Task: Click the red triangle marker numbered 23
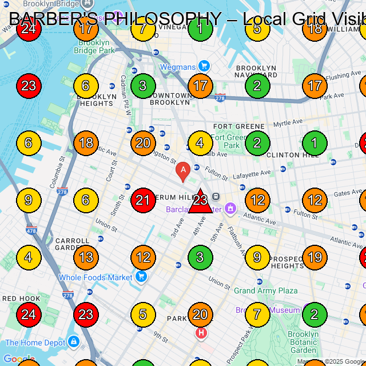[x=200, y=201]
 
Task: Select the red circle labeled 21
[x=143, y=200]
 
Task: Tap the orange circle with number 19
[x=315, y=257]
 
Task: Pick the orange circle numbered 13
[x=86, y=257]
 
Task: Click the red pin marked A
[x=182, y=171]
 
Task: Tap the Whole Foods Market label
[x=95, y=277]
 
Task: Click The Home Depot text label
[x=35, y=343]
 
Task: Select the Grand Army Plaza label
[x=266, y=291]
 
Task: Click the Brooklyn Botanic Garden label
[x=303, y=342]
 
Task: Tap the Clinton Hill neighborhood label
[x=291, y=155]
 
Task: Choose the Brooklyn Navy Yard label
[x=256, y=71]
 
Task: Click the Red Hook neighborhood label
[x=21, y=299]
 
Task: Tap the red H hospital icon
[x=201, y=332]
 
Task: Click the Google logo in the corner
[x=18, y=360]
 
